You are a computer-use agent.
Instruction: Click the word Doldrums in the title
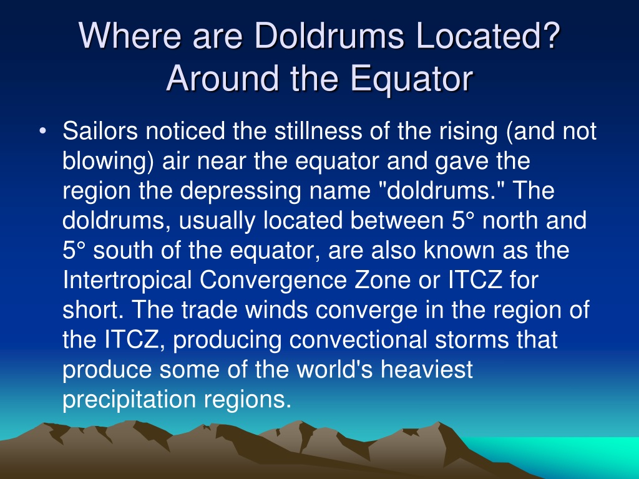(x=329, y=36)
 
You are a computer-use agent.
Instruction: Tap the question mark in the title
(x=550, y=35)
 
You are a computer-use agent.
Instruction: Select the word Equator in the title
(x=411, y=78)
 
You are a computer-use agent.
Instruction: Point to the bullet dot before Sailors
(x=42, y=132)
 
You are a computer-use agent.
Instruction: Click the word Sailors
(x=100, y=131)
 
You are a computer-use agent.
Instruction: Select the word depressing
(x=240, y=191)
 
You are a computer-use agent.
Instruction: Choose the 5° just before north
(x=464, y=221)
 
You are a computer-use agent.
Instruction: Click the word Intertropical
(x=127, y=281)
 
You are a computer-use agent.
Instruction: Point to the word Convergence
(x=273, y=281)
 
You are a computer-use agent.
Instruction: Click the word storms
(x=472, y=340)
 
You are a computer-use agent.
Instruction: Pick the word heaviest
(x=427, y=369)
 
